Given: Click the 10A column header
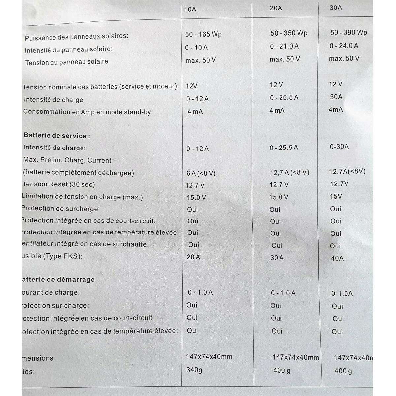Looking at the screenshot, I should tap(190, 9).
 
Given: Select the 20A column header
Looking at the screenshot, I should tap(276, 8).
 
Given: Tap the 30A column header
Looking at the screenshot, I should tap(336, 8).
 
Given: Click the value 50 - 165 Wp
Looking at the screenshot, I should tap(203, 34).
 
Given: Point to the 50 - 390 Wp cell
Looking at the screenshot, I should tap(348, 32).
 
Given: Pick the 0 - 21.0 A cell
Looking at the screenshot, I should tap(284, 47).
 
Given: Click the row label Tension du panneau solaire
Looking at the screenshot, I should tap(67, 62).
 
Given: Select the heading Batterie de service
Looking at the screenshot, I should tap(57, 136).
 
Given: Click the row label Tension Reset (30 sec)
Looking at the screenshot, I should tap(59, 184).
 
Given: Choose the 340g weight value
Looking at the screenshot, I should tap(194, 370).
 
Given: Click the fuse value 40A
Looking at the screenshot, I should tap(337, 258).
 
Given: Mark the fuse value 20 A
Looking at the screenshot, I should tap(193, 257).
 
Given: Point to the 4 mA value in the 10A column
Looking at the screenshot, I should tap(195, 112).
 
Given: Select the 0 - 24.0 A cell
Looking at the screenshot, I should tap(344, 46).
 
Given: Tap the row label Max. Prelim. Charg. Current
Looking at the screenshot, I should tap(67, 160).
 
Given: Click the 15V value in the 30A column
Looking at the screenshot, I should tap(336, 196).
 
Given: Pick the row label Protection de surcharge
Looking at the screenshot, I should tap(60, 209).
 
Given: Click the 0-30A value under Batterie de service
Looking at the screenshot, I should tap(339, 147).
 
